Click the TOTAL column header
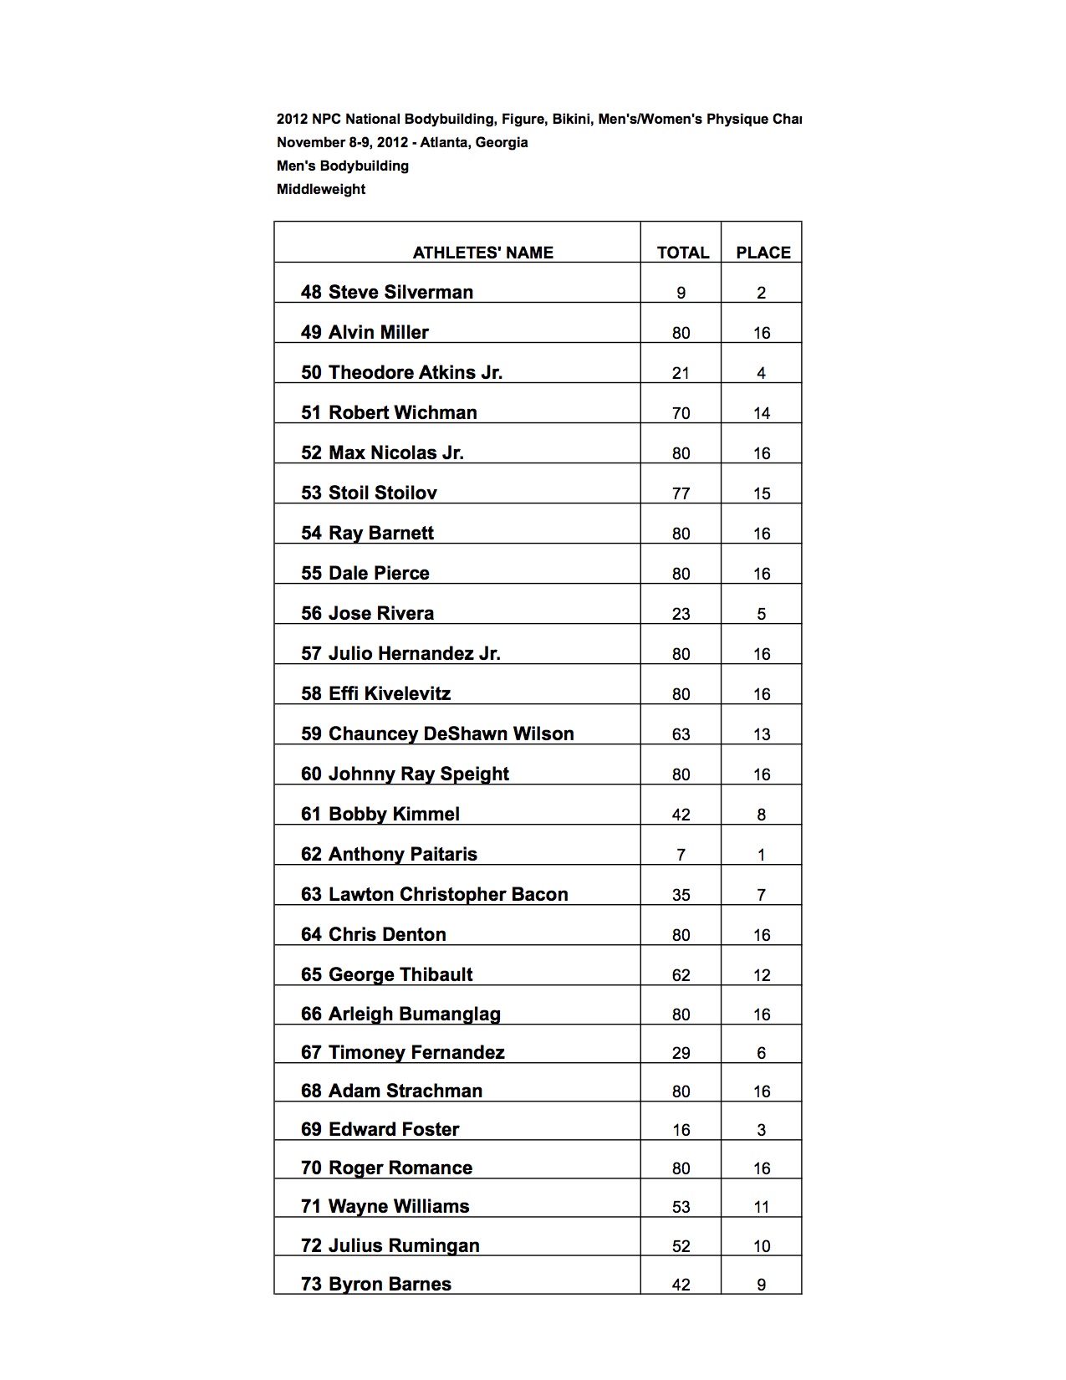pos(682,253)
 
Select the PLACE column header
pos(763,253)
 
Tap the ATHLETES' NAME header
pos(482,253)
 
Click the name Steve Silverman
pos(400,292)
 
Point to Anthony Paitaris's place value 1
pos(761,855)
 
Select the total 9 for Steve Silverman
pos(681,293)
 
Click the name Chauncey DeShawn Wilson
pos(451,733)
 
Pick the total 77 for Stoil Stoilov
pos(681,493)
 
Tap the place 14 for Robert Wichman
pos(761,413)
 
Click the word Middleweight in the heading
pos(321,189)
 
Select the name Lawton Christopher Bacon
pos(448,894)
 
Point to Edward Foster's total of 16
pos(681,1130)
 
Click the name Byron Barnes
pos(390,1284)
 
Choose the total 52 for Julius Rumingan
pos(681,1246)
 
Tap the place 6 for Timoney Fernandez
pos(761,1053)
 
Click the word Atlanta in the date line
pos(445,142)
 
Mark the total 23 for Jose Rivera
pos(681,614)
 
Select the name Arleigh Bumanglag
pos(414,1014)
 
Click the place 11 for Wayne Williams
pos(761,1207)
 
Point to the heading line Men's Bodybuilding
pos(343,166)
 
